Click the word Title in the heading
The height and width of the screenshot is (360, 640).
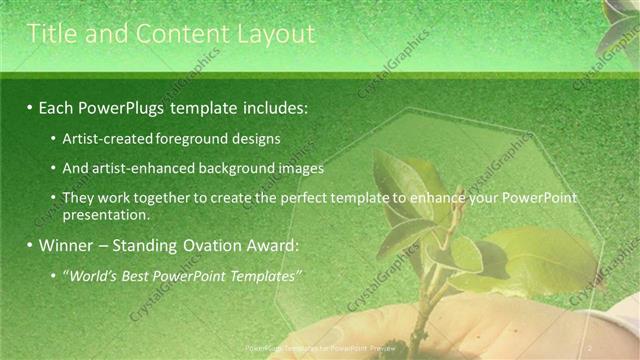51,34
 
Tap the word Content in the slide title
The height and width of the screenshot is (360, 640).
177,34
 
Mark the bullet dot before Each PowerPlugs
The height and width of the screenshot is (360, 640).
30,106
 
